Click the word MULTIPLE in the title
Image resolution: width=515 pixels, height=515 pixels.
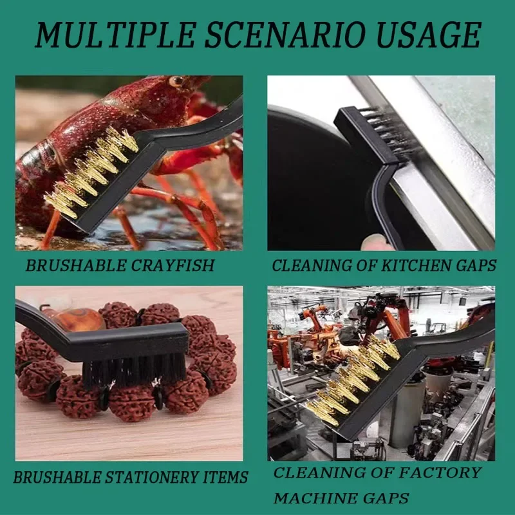tap(107, 35)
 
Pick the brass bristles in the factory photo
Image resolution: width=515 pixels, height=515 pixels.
tap(351, 380)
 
